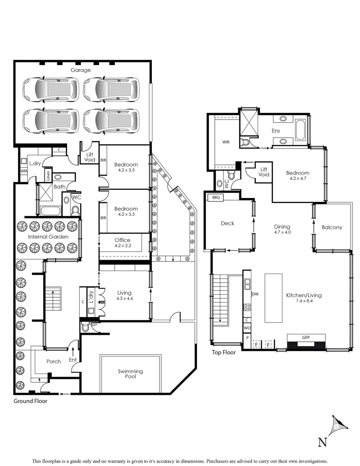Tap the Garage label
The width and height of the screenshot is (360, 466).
(x=81, y=70)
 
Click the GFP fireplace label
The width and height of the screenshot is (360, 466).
(x=306, y=337)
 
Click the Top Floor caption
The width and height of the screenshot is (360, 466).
(x=224, y=353)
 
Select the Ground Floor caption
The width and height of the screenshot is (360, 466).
(x=31, y=401)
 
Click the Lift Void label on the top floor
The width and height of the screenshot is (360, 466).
(x=264, y=172)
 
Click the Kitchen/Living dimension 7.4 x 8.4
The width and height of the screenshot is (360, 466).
(x=304, y=302)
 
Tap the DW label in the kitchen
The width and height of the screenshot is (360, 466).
(x=255, y=294)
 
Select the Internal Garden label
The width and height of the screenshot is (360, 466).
(x=48, y=237)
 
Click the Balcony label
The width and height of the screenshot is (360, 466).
(x=332, y=227)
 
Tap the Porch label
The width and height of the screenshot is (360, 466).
(x=53, y=362)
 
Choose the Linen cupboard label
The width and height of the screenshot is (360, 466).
(x=47, y=176)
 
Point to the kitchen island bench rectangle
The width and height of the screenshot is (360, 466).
(x=273, y=298)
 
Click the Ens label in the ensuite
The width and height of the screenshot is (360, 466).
(x=276, y=130)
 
